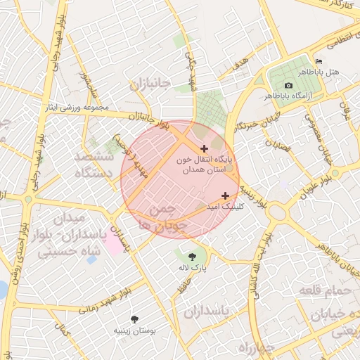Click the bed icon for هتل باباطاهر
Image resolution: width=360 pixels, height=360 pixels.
(319, 61)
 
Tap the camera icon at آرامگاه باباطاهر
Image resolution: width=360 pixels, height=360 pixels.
(288, 85)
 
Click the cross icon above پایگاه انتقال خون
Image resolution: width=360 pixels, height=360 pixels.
(205, 148)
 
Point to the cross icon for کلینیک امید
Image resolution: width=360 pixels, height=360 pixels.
(225, 195)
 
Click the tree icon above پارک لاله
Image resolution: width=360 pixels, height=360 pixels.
(193, 255)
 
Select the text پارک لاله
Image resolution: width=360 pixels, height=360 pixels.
(193, 267)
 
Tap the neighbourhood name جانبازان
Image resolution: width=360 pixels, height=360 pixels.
(150, 84)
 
